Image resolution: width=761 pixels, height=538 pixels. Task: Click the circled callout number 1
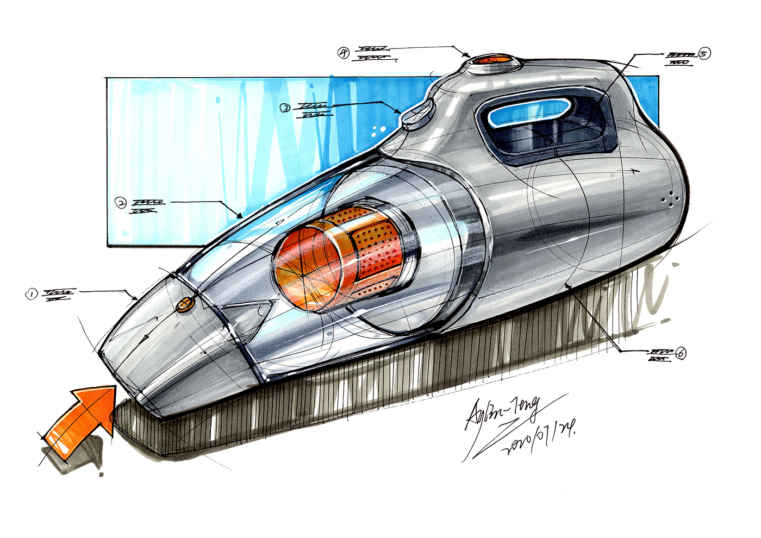[x=32, y=294]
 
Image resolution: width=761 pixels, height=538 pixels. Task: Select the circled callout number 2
[x=121, y=203]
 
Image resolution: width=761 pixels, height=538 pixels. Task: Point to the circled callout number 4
[x=344, y=53]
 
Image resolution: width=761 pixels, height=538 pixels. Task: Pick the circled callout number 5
[x=704, y=54]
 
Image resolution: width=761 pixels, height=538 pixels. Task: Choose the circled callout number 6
[x=679, y=353]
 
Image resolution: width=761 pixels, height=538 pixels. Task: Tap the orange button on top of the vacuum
[x=490, y=59]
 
